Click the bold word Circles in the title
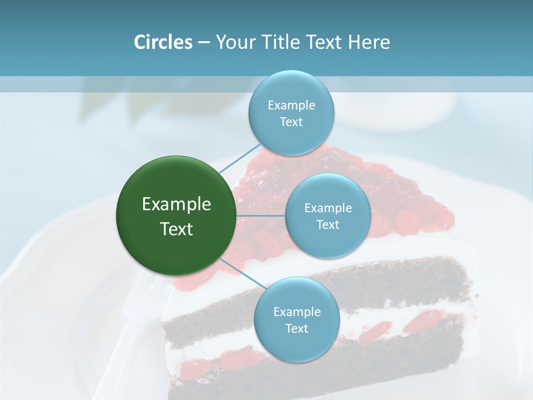pos(163,42)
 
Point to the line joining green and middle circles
pos(260,216)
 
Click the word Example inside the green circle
pos(176,204)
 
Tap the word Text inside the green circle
pos(176,229)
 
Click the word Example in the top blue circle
pos(291,106)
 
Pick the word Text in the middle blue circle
pos(328,225)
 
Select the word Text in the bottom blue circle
pos(296,329)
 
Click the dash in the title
pos(204,42)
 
